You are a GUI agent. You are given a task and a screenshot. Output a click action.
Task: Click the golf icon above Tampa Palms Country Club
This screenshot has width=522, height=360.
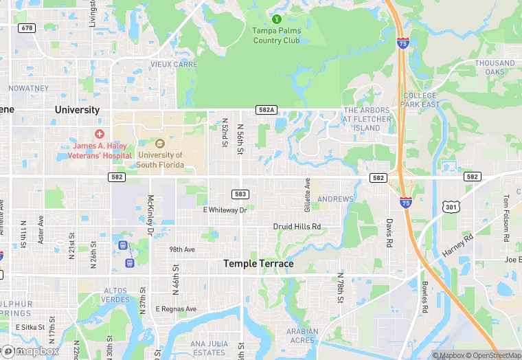(276, 19)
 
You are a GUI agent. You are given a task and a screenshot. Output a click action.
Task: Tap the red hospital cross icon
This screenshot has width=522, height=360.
(100, 133)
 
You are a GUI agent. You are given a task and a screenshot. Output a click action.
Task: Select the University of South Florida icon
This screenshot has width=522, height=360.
(160, 144)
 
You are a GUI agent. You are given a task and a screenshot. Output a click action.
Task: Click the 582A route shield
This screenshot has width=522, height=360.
(266, 110)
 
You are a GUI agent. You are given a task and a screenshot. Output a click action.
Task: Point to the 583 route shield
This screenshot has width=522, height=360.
(240, 194)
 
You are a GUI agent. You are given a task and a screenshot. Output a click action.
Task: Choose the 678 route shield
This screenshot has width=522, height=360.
(27, 27)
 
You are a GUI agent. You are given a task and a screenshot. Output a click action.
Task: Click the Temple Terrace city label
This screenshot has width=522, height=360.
(258, 264)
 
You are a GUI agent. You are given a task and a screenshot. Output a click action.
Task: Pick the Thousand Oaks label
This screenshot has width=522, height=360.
(495, 67)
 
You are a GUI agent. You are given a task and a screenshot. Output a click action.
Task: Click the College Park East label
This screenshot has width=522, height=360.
(421, 100)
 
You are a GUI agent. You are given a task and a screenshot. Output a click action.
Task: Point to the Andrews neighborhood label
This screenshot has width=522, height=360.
(335, 199)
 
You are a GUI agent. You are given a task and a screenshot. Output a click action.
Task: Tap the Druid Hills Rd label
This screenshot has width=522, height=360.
(297, 226)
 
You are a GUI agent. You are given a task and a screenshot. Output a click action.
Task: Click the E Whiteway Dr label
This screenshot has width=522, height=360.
(225, 210)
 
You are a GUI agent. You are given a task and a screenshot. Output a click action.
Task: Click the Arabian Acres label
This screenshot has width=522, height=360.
(302, 336)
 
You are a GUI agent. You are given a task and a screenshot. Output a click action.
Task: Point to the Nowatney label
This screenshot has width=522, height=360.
(28, 88)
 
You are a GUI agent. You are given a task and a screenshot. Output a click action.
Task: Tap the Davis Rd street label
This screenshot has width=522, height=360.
(389, 234)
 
